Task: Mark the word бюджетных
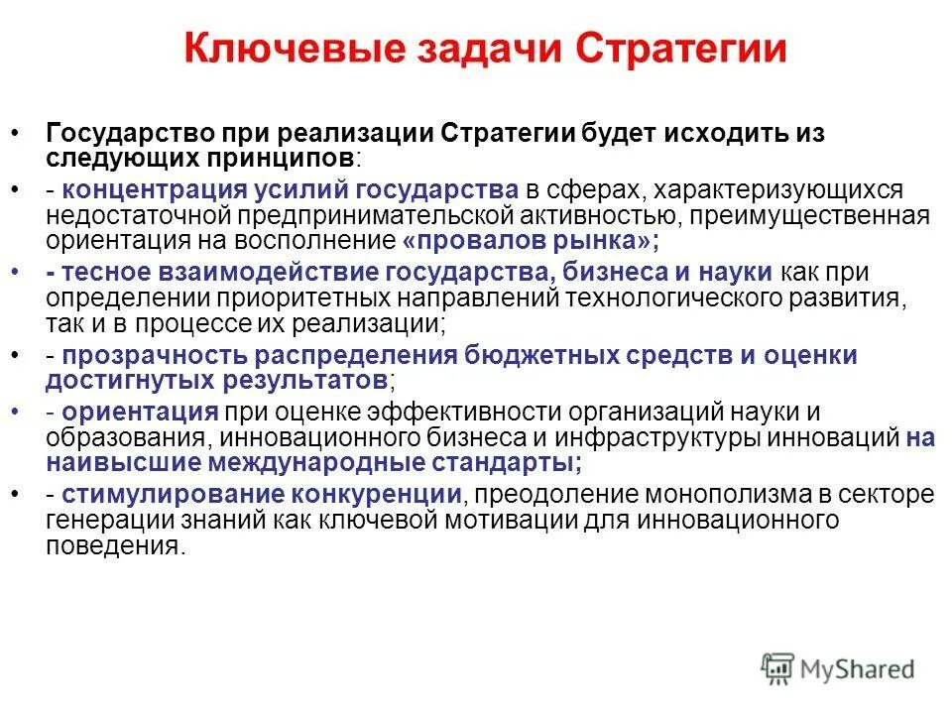[x=551, y=355]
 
